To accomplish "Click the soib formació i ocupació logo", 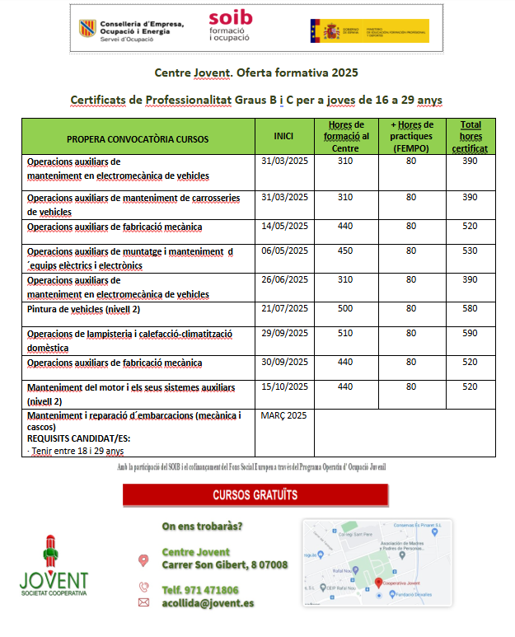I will tap(230, 26).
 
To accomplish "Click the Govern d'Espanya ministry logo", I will tap(370, 30).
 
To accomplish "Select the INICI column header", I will tap(283, 136).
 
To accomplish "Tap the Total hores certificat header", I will tap(471, 137).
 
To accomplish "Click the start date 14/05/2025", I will tap(284, 226).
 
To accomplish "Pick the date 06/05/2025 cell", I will tap(284, 251).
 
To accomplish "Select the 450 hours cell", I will tap(345, 251).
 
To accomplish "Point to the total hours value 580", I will tap(470, 308).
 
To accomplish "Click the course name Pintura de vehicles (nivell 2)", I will tap(84, 309).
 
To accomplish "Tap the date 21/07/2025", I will tap(284, 308).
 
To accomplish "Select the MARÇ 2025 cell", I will tap(283, 415).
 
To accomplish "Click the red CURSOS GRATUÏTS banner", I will tap(255, 495).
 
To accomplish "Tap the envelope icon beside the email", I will tap(143, 603).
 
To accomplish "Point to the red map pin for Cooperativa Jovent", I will tap(378, 582).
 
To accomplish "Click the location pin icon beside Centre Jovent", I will tap(143, 560).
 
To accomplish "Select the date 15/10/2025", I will tap(284, 386).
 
